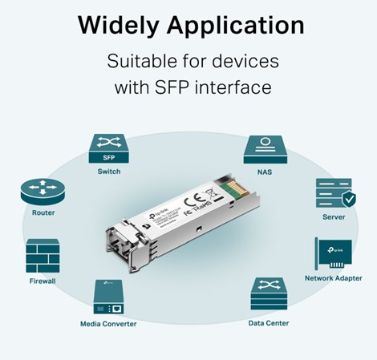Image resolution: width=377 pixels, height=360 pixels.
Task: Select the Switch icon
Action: (109, 149)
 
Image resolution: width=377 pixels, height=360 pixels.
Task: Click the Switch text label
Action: (109, 172)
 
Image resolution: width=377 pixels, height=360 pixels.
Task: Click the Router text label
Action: (43, 213)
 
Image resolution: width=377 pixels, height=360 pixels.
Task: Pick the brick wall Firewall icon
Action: (43, 256)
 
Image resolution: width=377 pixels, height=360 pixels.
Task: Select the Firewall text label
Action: (43, 282)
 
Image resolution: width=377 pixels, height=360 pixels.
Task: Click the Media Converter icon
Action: (108, 297)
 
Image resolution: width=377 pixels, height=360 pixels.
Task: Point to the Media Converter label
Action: (108, 324)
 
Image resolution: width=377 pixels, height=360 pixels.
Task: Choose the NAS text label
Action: (264, 172)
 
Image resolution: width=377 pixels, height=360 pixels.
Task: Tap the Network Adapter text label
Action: (332, 278)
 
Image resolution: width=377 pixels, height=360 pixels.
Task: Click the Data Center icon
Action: (268, 296)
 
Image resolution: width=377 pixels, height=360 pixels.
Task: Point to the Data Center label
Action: (268, 323)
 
